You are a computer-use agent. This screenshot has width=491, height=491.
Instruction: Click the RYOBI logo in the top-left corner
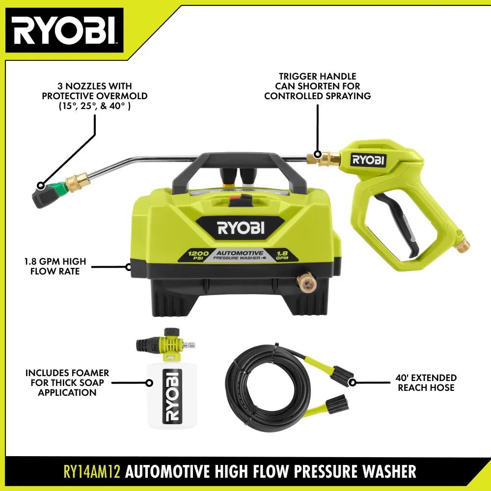(64, 30)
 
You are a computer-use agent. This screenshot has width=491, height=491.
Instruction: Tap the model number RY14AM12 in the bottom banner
(92, 471)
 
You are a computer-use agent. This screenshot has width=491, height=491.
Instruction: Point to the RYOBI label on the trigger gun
(368, 160)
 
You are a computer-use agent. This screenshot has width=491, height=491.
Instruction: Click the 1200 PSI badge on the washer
(198, 255)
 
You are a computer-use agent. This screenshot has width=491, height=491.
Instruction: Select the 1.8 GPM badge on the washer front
(282, 255)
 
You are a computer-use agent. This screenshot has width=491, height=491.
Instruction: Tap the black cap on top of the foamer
(172, 332)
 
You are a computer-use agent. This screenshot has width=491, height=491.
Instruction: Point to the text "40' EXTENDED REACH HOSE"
(426, 382)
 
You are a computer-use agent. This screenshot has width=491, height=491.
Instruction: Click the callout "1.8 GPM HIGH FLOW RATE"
(55, 266)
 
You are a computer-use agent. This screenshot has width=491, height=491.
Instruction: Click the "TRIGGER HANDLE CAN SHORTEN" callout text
(318, 86)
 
